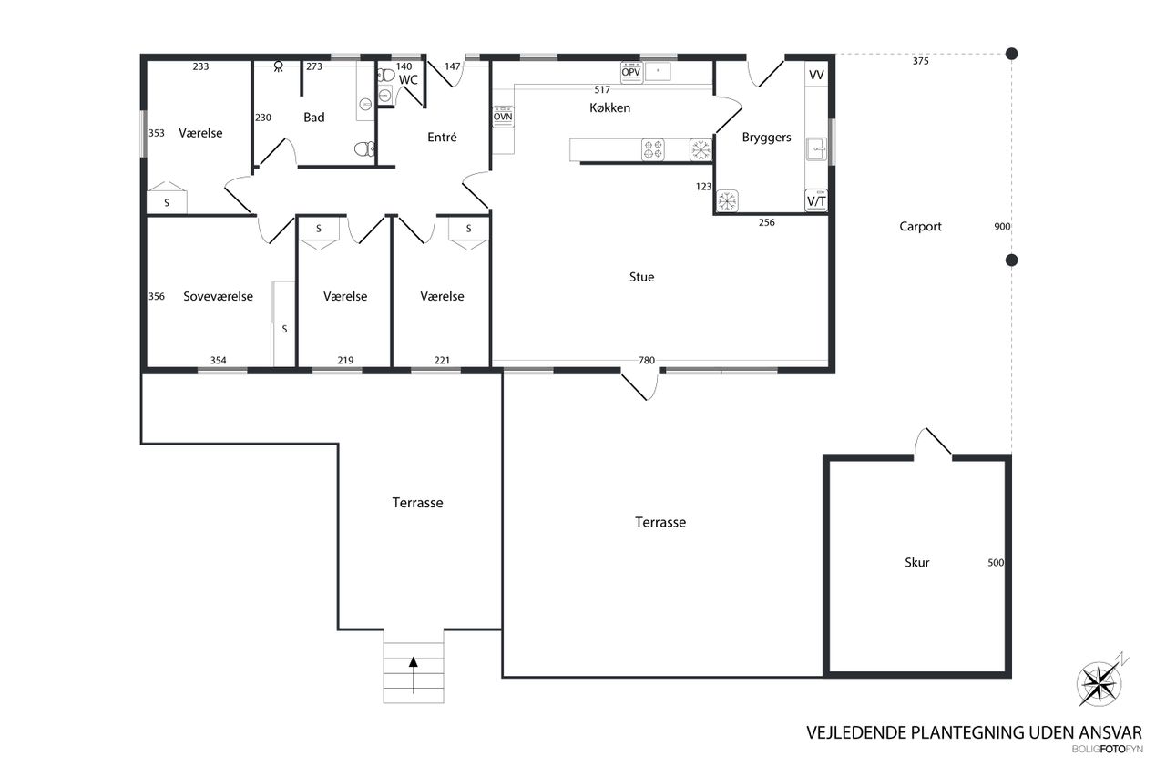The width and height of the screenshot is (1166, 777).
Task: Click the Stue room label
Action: point(641,277)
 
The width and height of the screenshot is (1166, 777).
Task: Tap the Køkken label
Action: point(609,107)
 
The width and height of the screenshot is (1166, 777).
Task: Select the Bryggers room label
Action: point(766,138)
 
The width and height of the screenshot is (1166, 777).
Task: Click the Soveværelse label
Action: point(218,296)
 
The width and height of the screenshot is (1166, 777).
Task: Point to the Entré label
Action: point(442,137)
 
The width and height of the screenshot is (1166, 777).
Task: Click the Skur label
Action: point(916,562)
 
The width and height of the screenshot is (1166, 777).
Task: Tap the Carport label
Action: point(920,227)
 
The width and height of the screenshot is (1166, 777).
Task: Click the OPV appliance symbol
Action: point(631,72)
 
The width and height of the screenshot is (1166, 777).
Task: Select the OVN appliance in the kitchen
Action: point(503,117)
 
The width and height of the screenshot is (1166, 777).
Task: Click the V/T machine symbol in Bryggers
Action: point(816,200)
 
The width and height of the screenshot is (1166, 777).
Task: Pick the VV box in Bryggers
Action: point(816,75)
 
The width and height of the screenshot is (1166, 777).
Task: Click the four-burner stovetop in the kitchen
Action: point(653,150)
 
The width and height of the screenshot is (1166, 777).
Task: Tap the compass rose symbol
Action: point(1100,683)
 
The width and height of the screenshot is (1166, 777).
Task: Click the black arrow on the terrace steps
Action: point(414,675)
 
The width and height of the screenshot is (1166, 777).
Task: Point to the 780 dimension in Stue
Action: point(647,360)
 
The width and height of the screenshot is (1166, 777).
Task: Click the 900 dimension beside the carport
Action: point(1002,227)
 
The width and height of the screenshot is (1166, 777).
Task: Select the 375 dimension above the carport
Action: point(920,61)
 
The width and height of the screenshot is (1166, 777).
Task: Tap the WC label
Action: point(408,80)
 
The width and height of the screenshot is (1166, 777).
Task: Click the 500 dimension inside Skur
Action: point(996,563)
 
